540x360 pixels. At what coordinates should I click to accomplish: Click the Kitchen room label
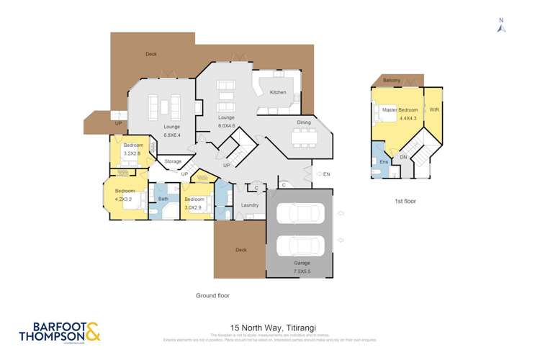pyautogui.click(x=278, y=92)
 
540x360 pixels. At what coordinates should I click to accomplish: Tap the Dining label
pyautogui.click(x=304, y=122)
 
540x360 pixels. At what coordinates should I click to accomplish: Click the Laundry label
pyautogui.click(x=250, y=205)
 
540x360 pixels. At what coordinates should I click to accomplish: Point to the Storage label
pyautogui.click(x=173, y=161)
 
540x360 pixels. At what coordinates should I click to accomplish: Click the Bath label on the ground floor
pyautogui.click(x=163, y=199)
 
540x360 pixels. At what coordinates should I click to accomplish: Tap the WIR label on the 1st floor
pyautogui.click(x=433, y=110)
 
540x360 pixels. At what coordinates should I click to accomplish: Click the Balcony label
pyautogui.click(x=392, y=80)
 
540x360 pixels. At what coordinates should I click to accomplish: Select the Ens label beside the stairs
pyautogui.click(x=384, y=163)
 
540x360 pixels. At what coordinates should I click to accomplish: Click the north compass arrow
pyautogui.click(x=502, y=27)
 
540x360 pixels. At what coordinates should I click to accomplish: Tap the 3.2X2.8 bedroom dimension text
pyautogui.click(x=133, y=153)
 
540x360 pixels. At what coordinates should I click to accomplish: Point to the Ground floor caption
pyautogui.click(x=213, y=295)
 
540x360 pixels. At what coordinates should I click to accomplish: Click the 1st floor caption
pyautogui.click(x=405, y=201)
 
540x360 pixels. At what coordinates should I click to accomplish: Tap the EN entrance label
pyautogui.click(x=326, y=174)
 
